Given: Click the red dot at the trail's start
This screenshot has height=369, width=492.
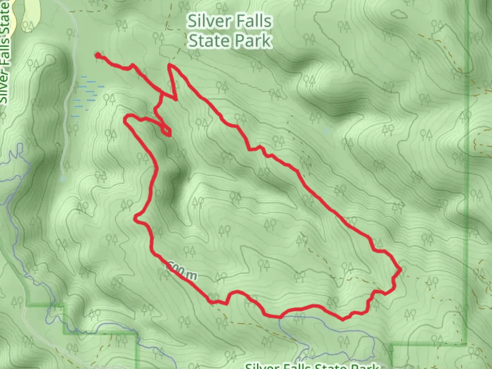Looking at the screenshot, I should pyautogui.click(x=98, y=55).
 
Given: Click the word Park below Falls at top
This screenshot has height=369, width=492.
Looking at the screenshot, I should pyautogui.click(x=251, y=41).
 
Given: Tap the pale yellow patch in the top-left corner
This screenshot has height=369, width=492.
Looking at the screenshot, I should pyautogui.click(x=29, y=15).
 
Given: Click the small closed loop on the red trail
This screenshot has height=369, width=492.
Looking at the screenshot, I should pyautogui.click(x=166, y=131).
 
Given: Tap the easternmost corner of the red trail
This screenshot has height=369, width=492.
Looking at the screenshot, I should pyautogui.click(x=400, y=270).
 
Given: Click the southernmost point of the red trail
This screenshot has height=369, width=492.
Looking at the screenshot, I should pyautogui.click(x=343, y=320).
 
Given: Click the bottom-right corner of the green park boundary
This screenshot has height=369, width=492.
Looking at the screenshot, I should pyautogui.click(x=466, y=343).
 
